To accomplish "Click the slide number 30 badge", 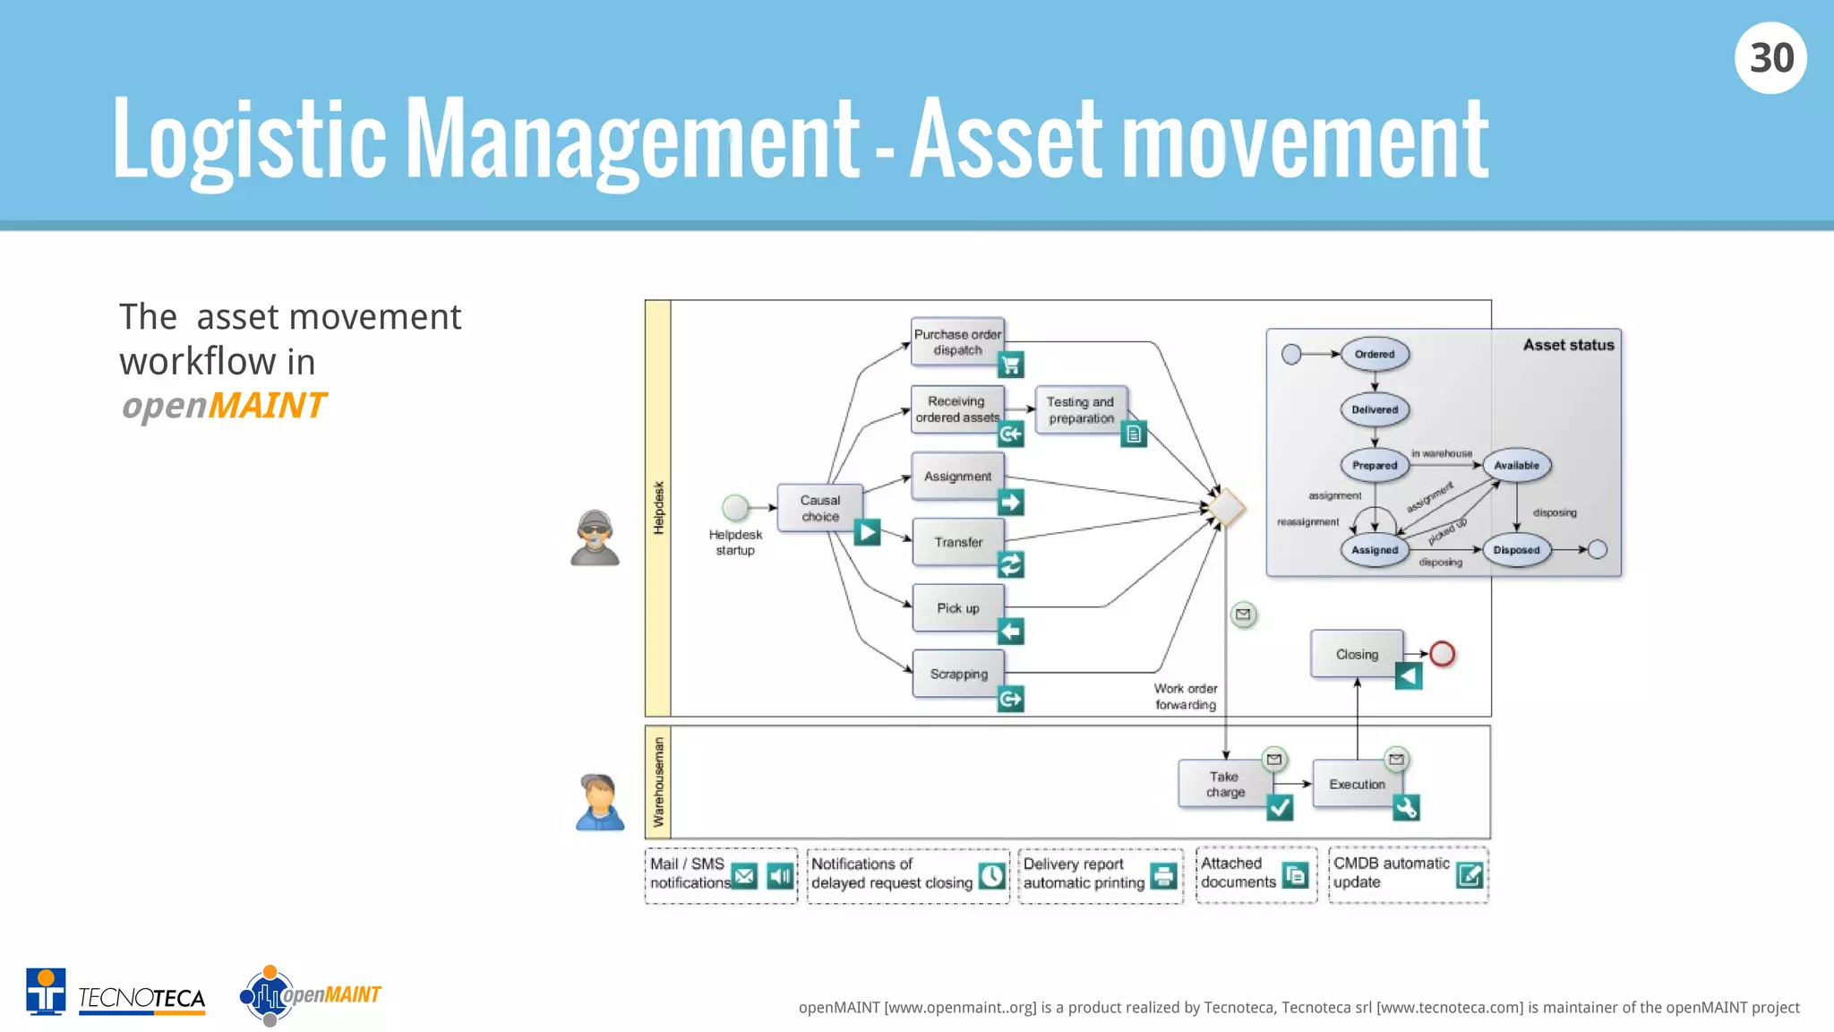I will (x=1770, y=58).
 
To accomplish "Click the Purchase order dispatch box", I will (x=956, y=341).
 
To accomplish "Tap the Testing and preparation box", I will (x=1080, y=409).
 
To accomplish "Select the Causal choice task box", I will (x=819, y=508).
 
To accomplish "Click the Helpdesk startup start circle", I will (x=735, y=508).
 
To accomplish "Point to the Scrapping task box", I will (x=957, y=674).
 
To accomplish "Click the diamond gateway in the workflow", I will (x=1225, y=508).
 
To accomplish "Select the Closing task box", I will (x=1356, y=654).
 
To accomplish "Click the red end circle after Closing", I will (x=1442, y=654).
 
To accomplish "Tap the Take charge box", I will (x=1224, y=784).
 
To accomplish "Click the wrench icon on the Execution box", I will (x=1406, y=808).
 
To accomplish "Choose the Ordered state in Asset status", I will (x=1374, y=354).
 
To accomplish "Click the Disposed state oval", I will (x=1515, y=550).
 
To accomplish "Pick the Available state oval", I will (x=1516, y=465).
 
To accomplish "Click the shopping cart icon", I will (x=1011, y=365).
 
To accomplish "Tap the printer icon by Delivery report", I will (x=1162, y=875).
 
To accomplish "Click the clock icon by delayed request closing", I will (x=991, y=875).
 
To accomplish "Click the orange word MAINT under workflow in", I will (x=267, y=406).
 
